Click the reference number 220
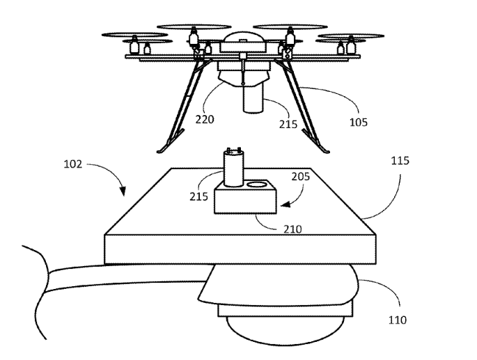(x=205, y=118)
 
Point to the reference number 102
(x=72, y=165)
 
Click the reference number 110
(x=398, y=320)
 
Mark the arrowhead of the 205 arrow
(x=282, y=205)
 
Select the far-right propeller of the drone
(x=352, y=36)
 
